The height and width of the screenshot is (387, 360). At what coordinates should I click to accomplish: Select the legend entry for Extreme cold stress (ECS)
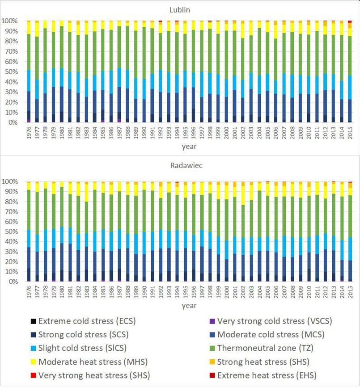point(87,321)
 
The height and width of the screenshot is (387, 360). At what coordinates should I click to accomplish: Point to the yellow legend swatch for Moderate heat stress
point(33,362)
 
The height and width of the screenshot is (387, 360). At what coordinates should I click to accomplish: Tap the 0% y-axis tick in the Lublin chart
point(12,122)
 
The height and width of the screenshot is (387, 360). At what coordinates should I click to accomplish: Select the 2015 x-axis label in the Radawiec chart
point(350,292)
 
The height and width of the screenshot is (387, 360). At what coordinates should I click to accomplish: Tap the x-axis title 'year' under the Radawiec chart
point(188,306)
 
